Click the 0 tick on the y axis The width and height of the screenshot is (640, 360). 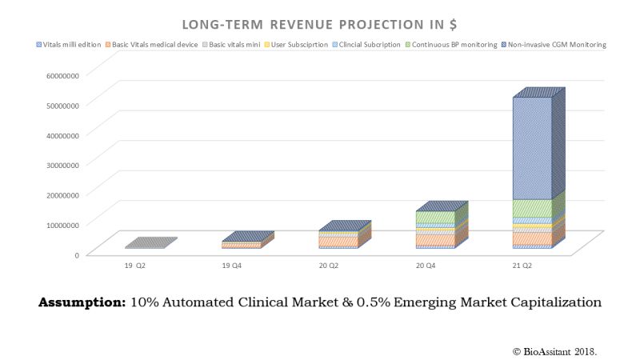[x=76, y=254]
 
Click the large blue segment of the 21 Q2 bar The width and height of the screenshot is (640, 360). [x=532, y=148]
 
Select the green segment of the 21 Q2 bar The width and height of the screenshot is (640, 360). [x=532, y=208]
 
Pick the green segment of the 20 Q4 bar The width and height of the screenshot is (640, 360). [x=434, y=217]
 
